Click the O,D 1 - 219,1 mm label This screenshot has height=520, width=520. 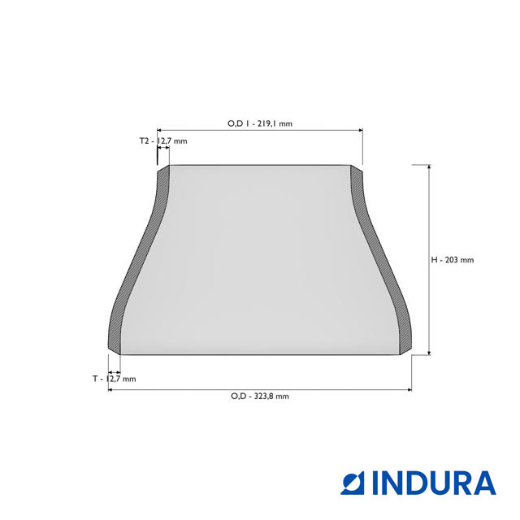click(260, 123)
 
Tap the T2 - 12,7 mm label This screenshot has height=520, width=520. click(163, 141)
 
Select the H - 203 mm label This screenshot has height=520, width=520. click(453, 260)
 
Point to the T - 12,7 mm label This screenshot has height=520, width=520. click(114, 379)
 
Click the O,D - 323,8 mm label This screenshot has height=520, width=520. click(260, 396)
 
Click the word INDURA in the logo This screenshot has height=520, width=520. click(434, 483)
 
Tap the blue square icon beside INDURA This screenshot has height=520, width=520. click(352, 483)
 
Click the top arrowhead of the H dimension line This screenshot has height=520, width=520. click(429, 167)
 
